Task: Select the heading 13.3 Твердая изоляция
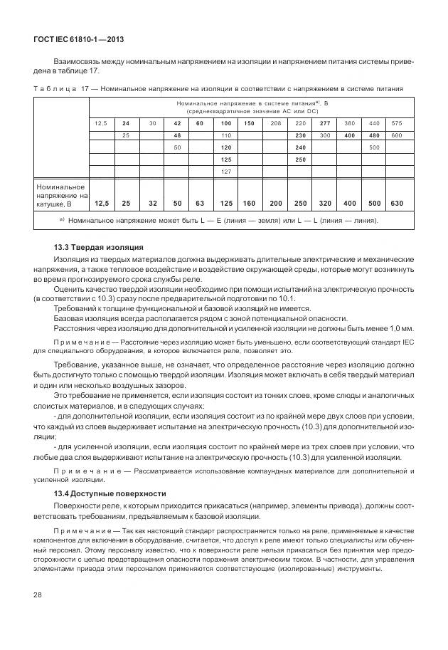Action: pos(94,246)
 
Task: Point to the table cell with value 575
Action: pos(396,123)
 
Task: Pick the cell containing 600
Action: pos(396,135)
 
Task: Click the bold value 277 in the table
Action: pos(324,123)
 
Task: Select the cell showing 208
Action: pos(275,123)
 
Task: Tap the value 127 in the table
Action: pos(227,172)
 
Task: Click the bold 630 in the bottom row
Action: pos(396,203)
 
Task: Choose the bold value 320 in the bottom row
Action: pos(324,203)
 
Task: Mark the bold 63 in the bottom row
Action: pos(200,203)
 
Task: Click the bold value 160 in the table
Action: pos(250,203)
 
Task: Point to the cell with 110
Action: pos(227,135)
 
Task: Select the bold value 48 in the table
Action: pos(177,135)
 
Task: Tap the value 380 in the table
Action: pos(349,123)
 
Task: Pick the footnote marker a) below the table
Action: pos(62,220)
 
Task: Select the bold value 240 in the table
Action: pos(300,147)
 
